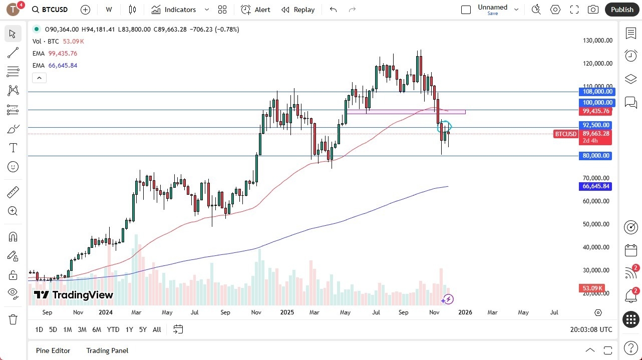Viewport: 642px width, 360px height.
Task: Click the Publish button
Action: [622, 10]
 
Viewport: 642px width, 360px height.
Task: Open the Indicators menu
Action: [180, 10]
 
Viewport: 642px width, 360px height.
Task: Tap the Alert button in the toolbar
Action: [255, 10]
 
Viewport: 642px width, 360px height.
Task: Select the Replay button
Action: [298, 10]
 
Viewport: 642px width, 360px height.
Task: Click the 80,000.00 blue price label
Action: [596, 156]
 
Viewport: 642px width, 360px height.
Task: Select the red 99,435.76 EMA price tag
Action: [596, 111]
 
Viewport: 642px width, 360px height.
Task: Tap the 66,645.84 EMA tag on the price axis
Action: [596, 186]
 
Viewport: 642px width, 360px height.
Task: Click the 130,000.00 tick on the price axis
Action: [596, 41]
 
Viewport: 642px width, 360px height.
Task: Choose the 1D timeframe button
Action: [39, 329]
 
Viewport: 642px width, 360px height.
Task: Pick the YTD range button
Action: [113, 329]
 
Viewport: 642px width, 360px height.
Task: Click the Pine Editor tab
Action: [53, 350]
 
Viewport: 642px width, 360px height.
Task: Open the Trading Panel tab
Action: [107, 350]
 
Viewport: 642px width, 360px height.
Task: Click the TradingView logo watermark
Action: [74, 295]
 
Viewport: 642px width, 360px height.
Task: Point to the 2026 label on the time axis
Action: [465, 312]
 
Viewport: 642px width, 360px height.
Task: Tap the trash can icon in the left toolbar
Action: [13, 319]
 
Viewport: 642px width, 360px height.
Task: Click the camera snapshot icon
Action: [593, 10]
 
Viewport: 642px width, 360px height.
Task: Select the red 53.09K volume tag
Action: [592, 288]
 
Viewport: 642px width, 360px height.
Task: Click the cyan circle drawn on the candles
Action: [445, 126]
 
